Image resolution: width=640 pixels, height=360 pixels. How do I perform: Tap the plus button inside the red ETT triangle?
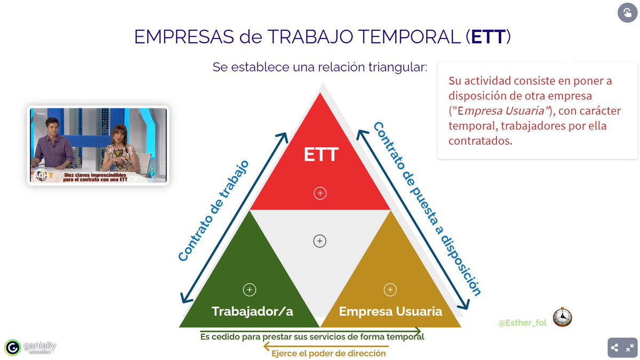320,193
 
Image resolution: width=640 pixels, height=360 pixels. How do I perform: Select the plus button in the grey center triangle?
319,241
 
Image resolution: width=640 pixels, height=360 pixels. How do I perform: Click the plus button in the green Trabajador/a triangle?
250,290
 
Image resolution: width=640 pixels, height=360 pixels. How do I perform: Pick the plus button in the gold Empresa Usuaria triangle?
390,290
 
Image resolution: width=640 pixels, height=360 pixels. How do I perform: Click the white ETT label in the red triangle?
321,155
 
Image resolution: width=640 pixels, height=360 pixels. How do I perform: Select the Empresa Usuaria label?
390,311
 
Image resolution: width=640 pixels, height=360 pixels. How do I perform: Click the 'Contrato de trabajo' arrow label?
213,211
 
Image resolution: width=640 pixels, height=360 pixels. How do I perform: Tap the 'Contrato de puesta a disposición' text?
427,208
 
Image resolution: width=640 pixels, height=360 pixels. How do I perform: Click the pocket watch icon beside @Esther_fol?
562,317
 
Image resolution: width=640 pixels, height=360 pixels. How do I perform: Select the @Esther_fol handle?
522,323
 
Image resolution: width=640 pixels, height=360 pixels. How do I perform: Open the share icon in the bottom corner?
614,348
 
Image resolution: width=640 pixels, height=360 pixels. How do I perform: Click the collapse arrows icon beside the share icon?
630,348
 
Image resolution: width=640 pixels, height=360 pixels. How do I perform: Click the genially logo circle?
12,348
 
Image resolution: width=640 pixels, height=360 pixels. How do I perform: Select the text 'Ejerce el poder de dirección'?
329,353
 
